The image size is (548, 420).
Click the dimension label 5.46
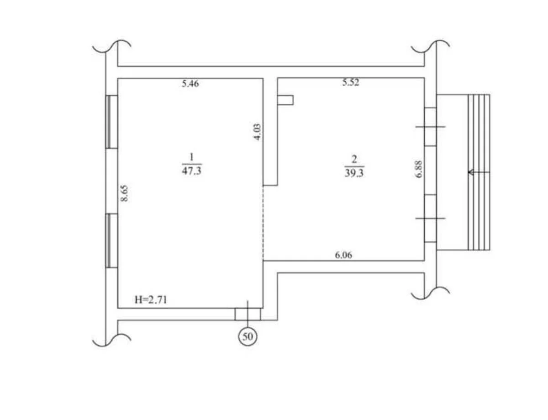pyautogui.click(x=190, y=83)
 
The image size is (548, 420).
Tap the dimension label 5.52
pyautogui.click(x=351, y=83)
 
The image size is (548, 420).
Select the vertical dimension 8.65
pyautogui.click(x=125, y=193)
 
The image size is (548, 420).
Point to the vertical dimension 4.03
pyautogui.click(x=257, y=132)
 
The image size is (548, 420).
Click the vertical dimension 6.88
pyautogui.click(x=419, y=169)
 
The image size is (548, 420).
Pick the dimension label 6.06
pyautogui.click(x=343, y=255)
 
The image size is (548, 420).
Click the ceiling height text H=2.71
pyautogui.click(x=151, y=300)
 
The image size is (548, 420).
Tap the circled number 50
pyautogui.click(x=248, y=337)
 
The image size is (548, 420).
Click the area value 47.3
pyautogui.click(x=192, y=171)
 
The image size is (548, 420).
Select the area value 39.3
pyautogui.click(x=354, y=173)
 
